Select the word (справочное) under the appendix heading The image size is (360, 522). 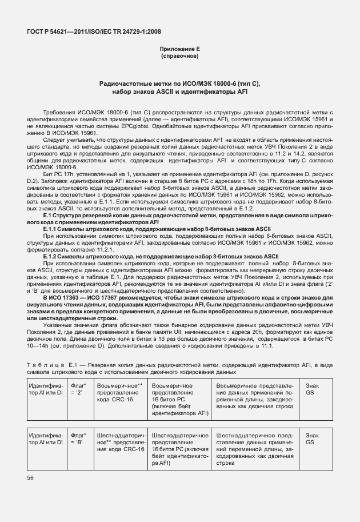[x=179, y=57]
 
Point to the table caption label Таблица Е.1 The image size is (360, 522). [x=48, y=364]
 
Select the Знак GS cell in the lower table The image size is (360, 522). [x=313, y=439]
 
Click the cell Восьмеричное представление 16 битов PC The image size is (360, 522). [x=180, y=400]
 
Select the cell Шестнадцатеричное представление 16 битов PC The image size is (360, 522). [x=180, y=449]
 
